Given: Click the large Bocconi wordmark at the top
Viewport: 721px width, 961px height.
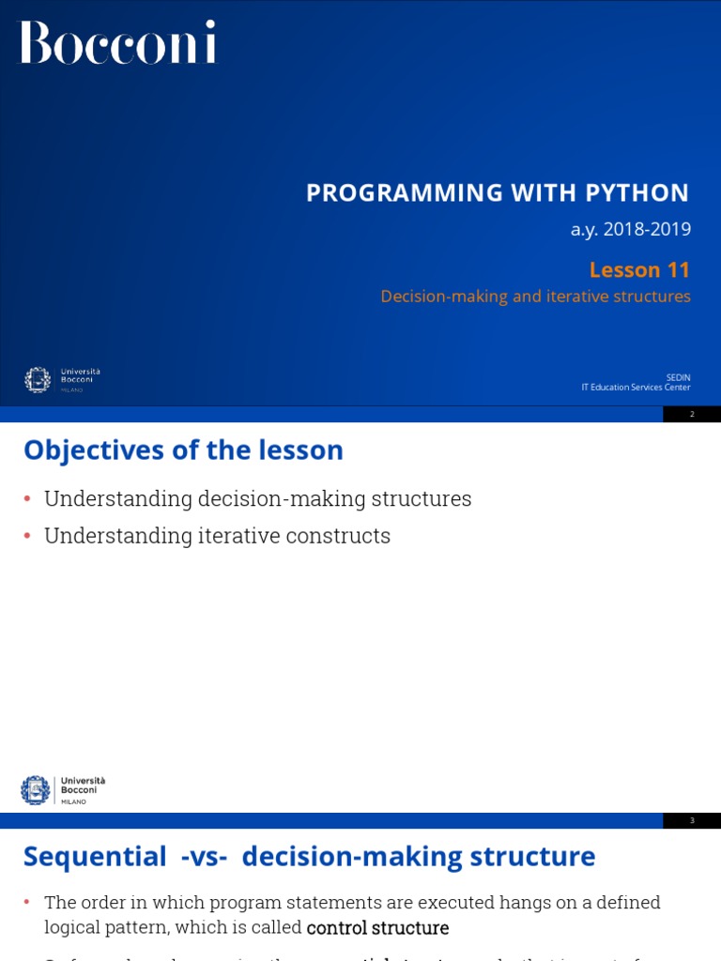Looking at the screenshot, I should (x=118, y=42).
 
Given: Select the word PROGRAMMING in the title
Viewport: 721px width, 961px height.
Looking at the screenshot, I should (x=405, y=192).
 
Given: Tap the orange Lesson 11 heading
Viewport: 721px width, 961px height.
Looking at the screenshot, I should (x=639, y=270).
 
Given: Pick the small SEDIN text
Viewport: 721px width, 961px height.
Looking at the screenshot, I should (x=678, y=377).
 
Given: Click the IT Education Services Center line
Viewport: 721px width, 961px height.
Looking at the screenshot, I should (x=636, y=387).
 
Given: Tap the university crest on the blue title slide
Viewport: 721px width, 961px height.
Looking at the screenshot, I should (x=38, y=380).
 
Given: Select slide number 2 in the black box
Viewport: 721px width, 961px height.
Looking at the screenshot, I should (x=692, y=414).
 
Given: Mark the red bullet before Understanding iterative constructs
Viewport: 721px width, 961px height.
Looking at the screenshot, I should (x=27, y=536).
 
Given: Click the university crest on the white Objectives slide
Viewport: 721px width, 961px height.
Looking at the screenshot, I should (x=36, y=789).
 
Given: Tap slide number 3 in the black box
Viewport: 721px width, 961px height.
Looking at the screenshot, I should (x=692, y=820).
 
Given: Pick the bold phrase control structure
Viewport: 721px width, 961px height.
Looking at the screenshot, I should (x=377, y=928).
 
